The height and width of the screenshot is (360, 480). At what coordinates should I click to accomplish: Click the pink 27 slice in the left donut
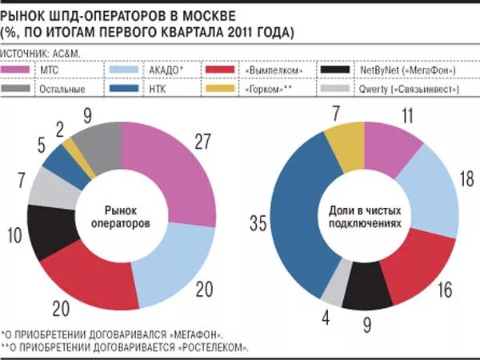pos(181,168)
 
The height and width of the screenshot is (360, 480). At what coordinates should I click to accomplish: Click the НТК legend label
pos(154,90)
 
